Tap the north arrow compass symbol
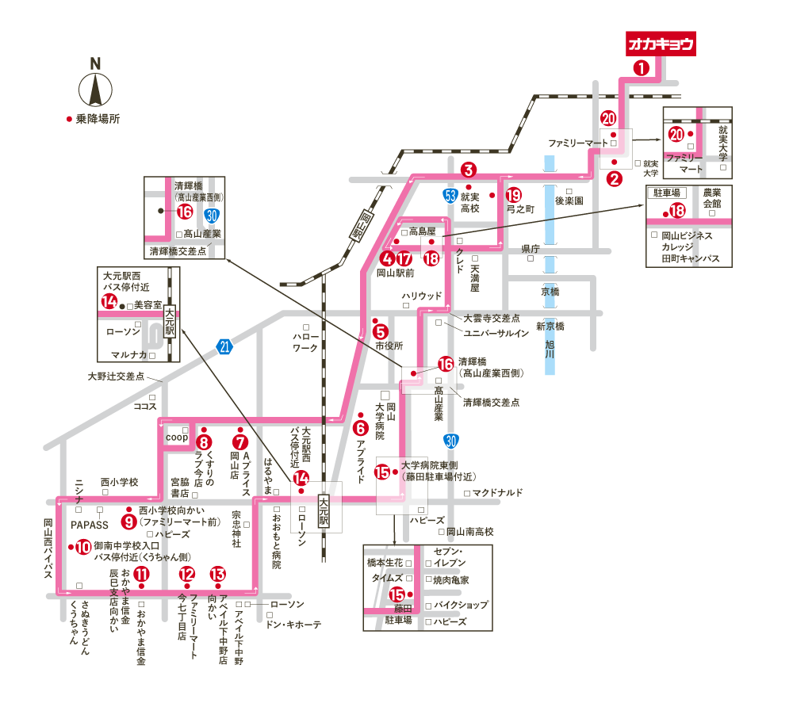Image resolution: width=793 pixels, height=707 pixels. click(95, 89)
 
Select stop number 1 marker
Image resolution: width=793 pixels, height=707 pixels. click(642, 68)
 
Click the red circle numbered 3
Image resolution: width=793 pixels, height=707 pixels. click(469, 169)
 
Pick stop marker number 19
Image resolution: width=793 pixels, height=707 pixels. click(514, 194)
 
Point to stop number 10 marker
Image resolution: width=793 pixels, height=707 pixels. click(82, 546)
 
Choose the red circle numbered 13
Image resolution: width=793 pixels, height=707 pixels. click(217, 575)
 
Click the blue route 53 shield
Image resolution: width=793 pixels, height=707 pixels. click(450, 194)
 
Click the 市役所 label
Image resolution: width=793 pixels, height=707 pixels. click(389, 346)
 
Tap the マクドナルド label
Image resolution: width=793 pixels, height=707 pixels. click(497, 493)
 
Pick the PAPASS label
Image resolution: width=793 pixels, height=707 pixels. click(89, 525)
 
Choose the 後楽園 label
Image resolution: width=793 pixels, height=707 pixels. click(569, 201)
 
